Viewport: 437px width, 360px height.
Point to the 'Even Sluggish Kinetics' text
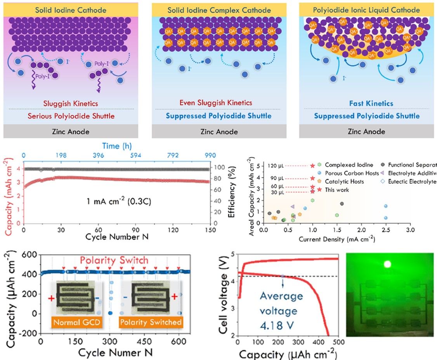coord(216,103)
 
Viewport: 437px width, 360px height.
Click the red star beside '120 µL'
coord(312,166)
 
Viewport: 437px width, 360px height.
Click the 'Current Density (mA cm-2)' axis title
coord(337,240)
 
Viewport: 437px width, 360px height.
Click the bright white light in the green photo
coord(387,264)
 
